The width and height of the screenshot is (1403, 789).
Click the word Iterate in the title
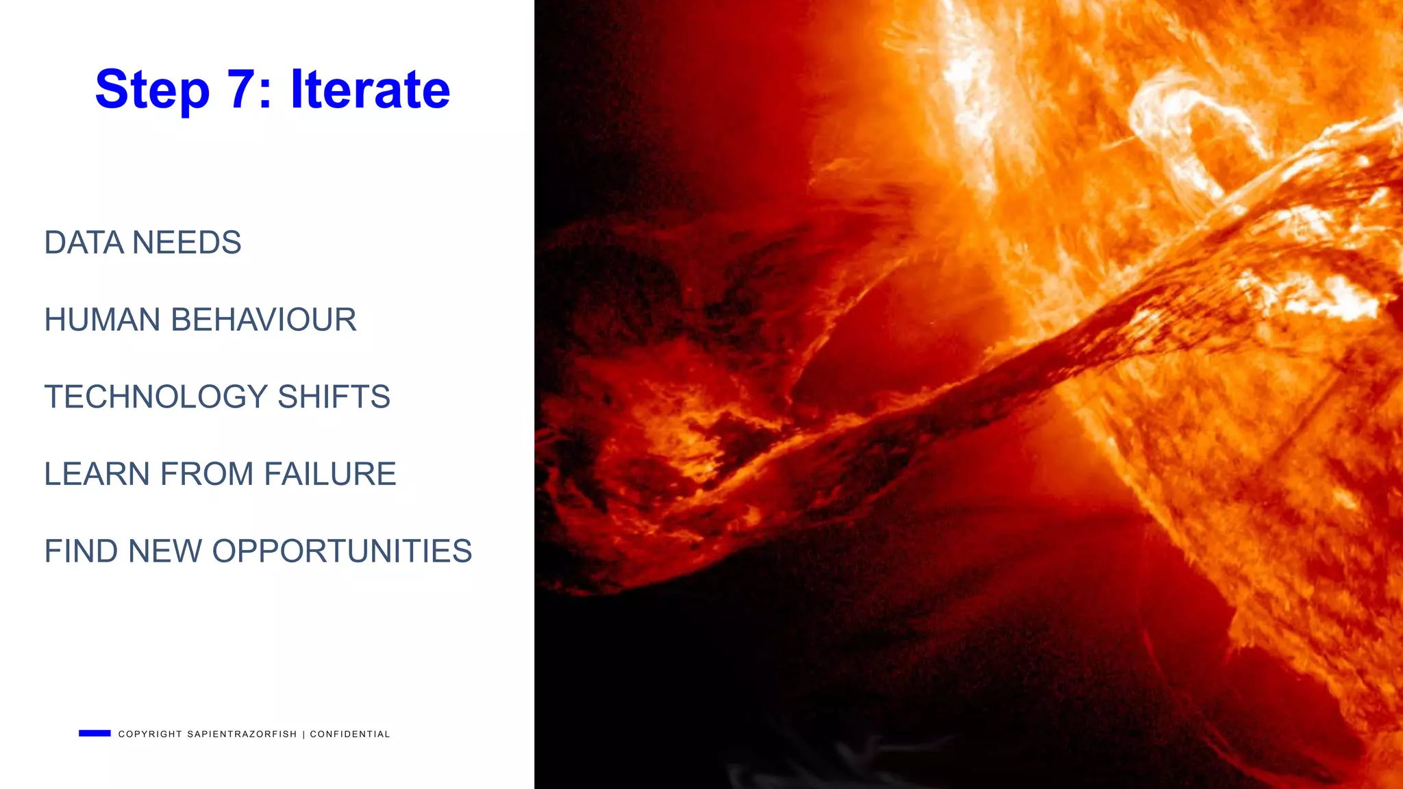(370, 89)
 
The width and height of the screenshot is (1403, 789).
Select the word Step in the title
(152, 90)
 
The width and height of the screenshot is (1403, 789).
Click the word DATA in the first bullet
(84, 242)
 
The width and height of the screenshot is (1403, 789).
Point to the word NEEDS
(186, 242)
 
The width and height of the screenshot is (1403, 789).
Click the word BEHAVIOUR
(263, 320)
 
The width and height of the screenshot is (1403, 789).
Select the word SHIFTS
(334, 397)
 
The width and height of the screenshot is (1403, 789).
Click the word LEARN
(97, 474)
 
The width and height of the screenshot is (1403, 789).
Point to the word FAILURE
(330, 474)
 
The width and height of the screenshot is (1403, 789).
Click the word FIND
(81, 551)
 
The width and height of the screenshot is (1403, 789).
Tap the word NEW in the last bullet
(164, 551)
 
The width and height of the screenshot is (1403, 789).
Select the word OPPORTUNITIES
(342, 551)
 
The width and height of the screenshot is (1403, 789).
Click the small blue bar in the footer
(95, 734)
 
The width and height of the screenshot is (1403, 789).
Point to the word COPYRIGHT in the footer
(150, 734)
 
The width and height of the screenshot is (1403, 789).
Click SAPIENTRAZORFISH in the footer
(242, 734)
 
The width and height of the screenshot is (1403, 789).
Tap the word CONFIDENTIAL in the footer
(350, 734)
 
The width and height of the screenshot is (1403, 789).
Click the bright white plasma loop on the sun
(1192, 123)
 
